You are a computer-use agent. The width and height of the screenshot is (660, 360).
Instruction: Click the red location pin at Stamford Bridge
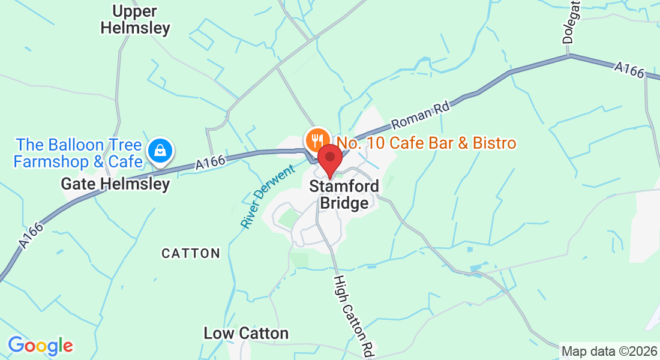coord(329,157)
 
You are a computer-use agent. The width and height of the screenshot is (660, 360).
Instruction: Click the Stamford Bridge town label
coord(344,195)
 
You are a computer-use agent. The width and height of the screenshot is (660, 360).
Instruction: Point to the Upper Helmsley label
coord(135,20)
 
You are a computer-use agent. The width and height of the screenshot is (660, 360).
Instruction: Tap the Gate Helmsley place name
coord(116,184)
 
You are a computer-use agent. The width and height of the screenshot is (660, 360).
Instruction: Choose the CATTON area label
coord(191,254)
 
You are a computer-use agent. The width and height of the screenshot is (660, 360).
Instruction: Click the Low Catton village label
coord(246,333)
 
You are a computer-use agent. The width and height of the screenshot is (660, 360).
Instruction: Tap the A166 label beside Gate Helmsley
coord(211,162)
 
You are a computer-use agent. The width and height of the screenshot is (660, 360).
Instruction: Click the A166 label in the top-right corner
coord(628,70)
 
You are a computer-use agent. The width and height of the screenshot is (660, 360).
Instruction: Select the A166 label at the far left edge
coord(31,236)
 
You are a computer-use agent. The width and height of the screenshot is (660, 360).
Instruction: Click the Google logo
coord(40,346)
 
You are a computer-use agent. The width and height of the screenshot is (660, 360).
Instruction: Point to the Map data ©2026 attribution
coord(608,351)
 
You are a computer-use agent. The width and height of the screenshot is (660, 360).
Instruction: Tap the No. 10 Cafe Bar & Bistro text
coord(426,143)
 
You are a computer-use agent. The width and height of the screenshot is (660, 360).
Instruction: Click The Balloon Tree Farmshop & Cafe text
coord(79,154)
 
